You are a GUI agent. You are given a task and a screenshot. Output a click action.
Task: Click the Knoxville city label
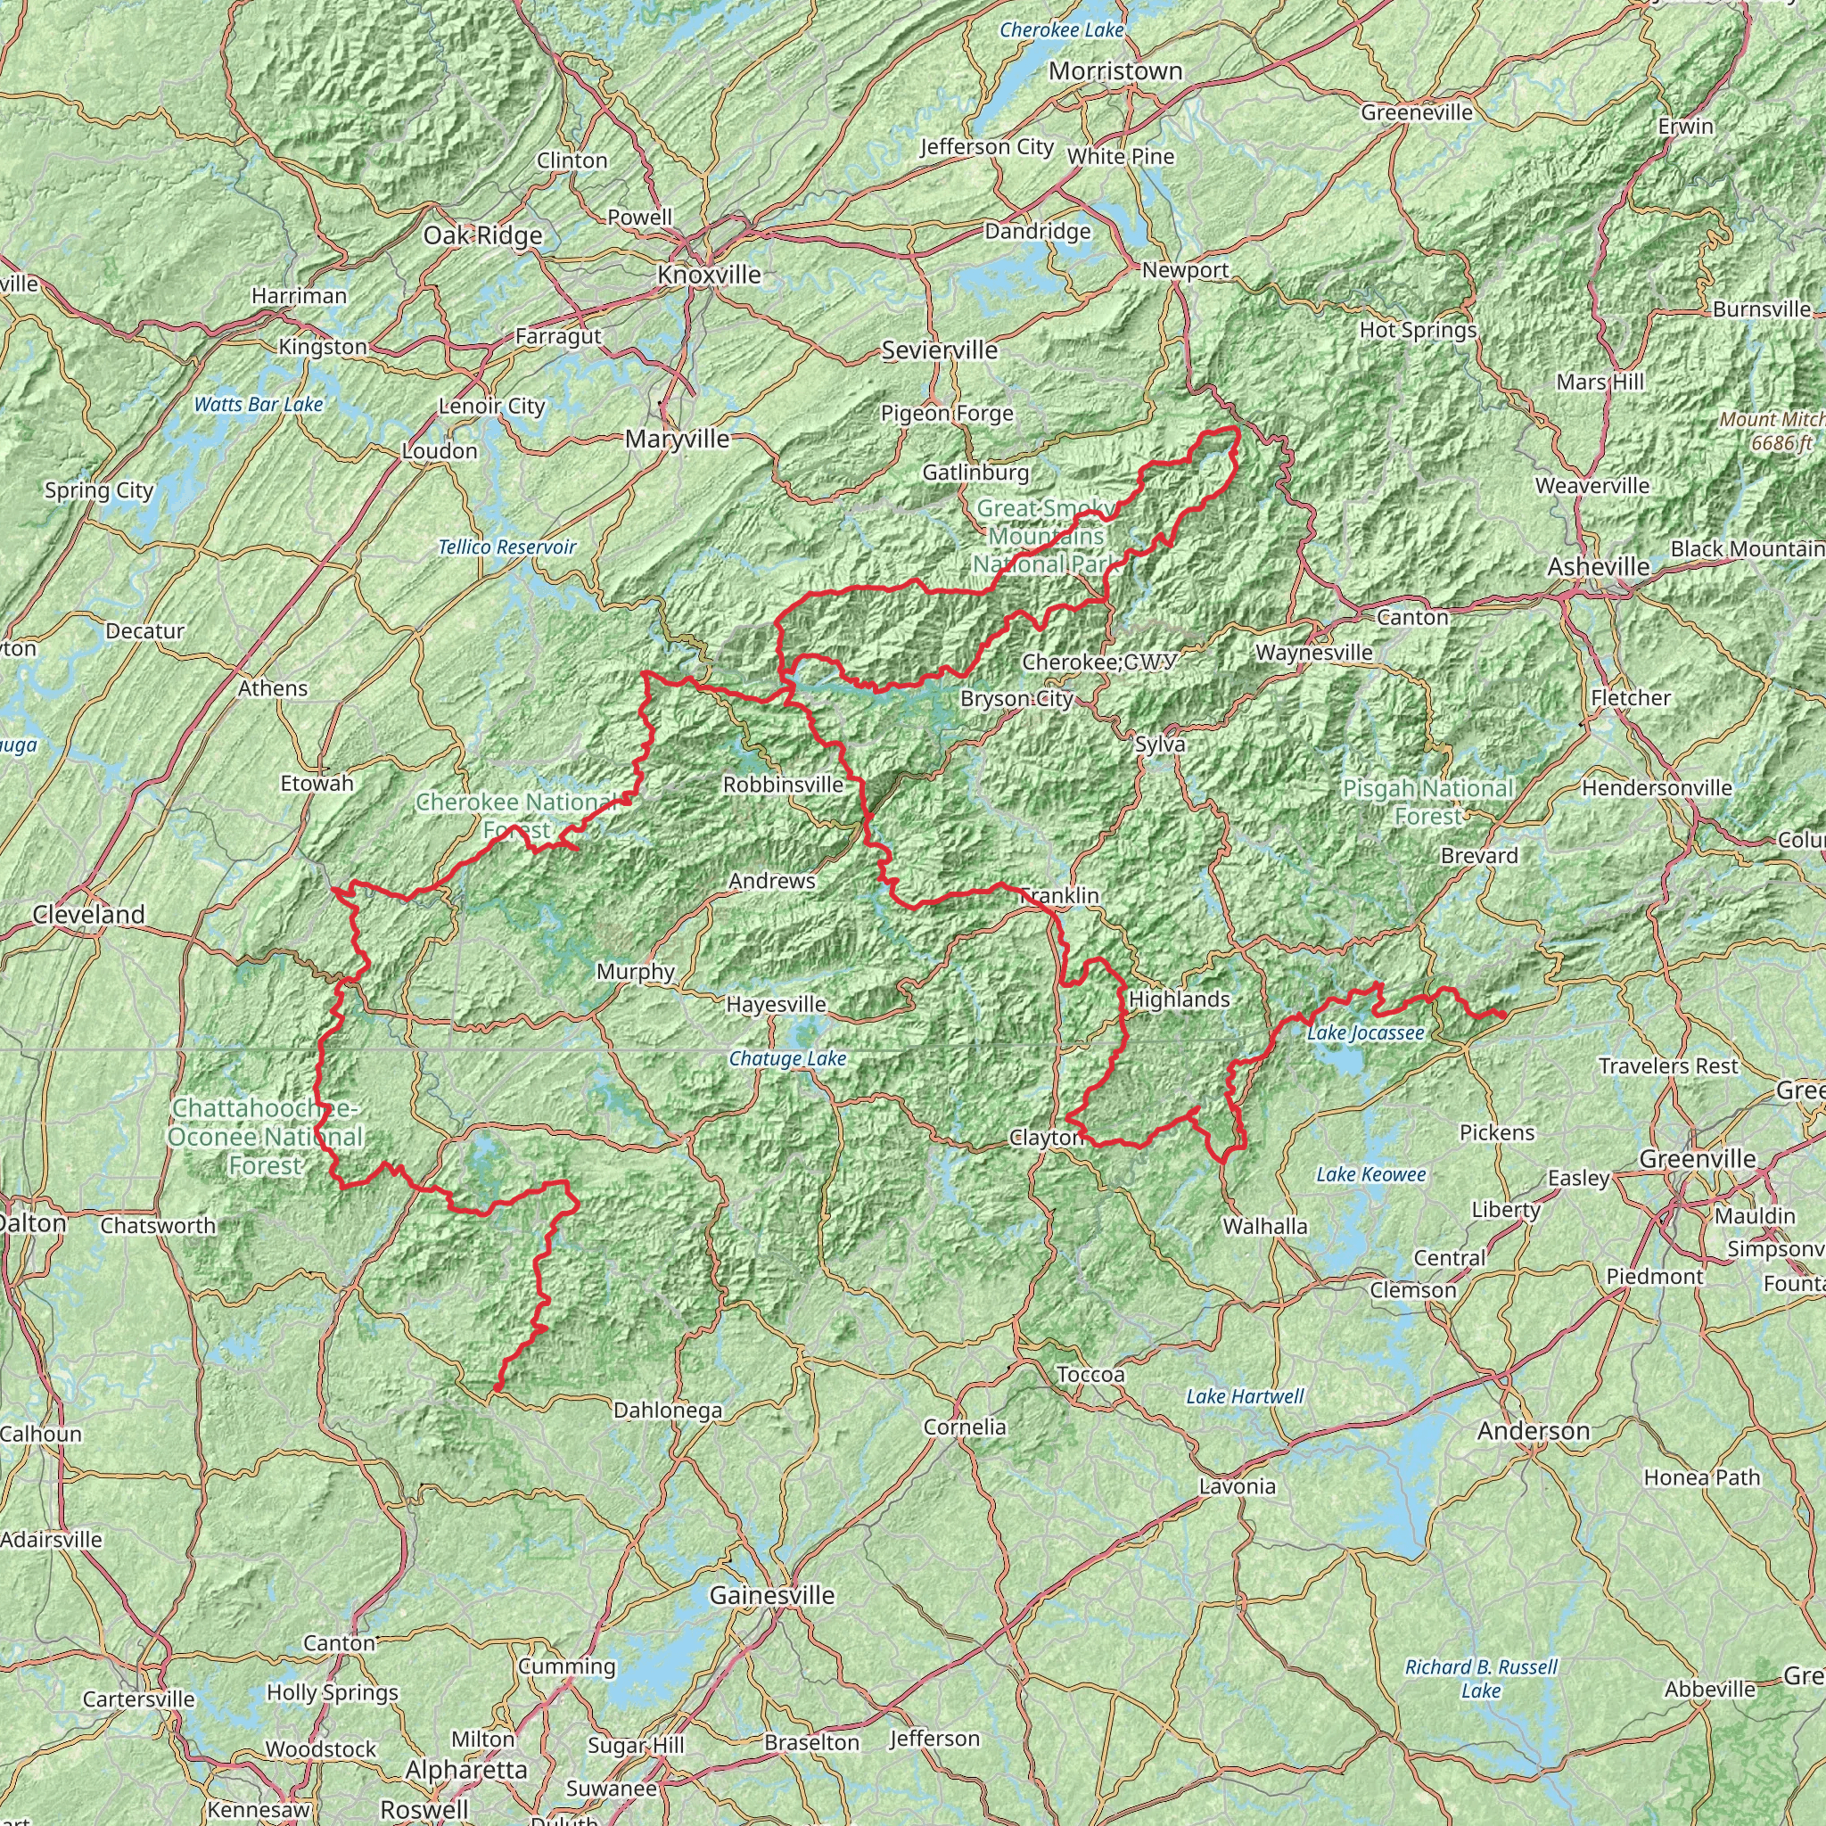pyautogui.click(x=709, y=275)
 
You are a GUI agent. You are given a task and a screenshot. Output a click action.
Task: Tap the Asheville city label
pyautogui.click(x=1599, y=567)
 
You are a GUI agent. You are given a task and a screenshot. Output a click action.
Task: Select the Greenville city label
pyautogui.click(x=1698, y=1159)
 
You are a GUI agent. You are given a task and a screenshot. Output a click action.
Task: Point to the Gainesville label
pyautogui.click(x=772, y=1595)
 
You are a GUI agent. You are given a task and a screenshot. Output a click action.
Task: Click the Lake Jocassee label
pyautogui.click(x=1365, y=1033)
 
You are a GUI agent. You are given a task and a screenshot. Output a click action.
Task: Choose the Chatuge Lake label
pyautogui.click(x=787, y=1059)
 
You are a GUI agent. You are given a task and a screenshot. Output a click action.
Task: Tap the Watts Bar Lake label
pyautogui.click(x=258, y=405)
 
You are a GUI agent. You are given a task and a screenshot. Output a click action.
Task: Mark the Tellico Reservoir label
pyautogui.click(x=506, y=547)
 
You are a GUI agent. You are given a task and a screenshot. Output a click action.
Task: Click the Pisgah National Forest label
pyautogui.click(x=1427, y=802)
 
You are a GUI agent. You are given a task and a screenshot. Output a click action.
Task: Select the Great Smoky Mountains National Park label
pyautogui.click(x=1040, y=536)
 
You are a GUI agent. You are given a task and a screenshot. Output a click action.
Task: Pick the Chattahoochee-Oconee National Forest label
pyautogui.click(x=265, y=1137)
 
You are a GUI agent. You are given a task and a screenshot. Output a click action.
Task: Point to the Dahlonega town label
pyautogui.click(x=667, y=1411)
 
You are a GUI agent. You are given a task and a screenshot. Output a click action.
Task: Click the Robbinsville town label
pyautogui.click(x=783, y=785)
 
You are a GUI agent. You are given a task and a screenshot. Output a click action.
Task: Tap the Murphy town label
pyautogui.click(x=635, y=972)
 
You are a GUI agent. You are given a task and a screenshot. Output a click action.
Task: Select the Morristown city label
pyautogui.click(x=1115, y=71)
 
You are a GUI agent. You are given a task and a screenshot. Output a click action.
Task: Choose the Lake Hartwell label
pyautogui.click(x=1245, y=1396)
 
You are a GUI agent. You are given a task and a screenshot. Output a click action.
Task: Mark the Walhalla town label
pyautogui.click(x=1264, y=1227)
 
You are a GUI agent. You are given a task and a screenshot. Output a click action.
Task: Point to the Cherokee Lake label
pyautogui.click(x=1061, y=30)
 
